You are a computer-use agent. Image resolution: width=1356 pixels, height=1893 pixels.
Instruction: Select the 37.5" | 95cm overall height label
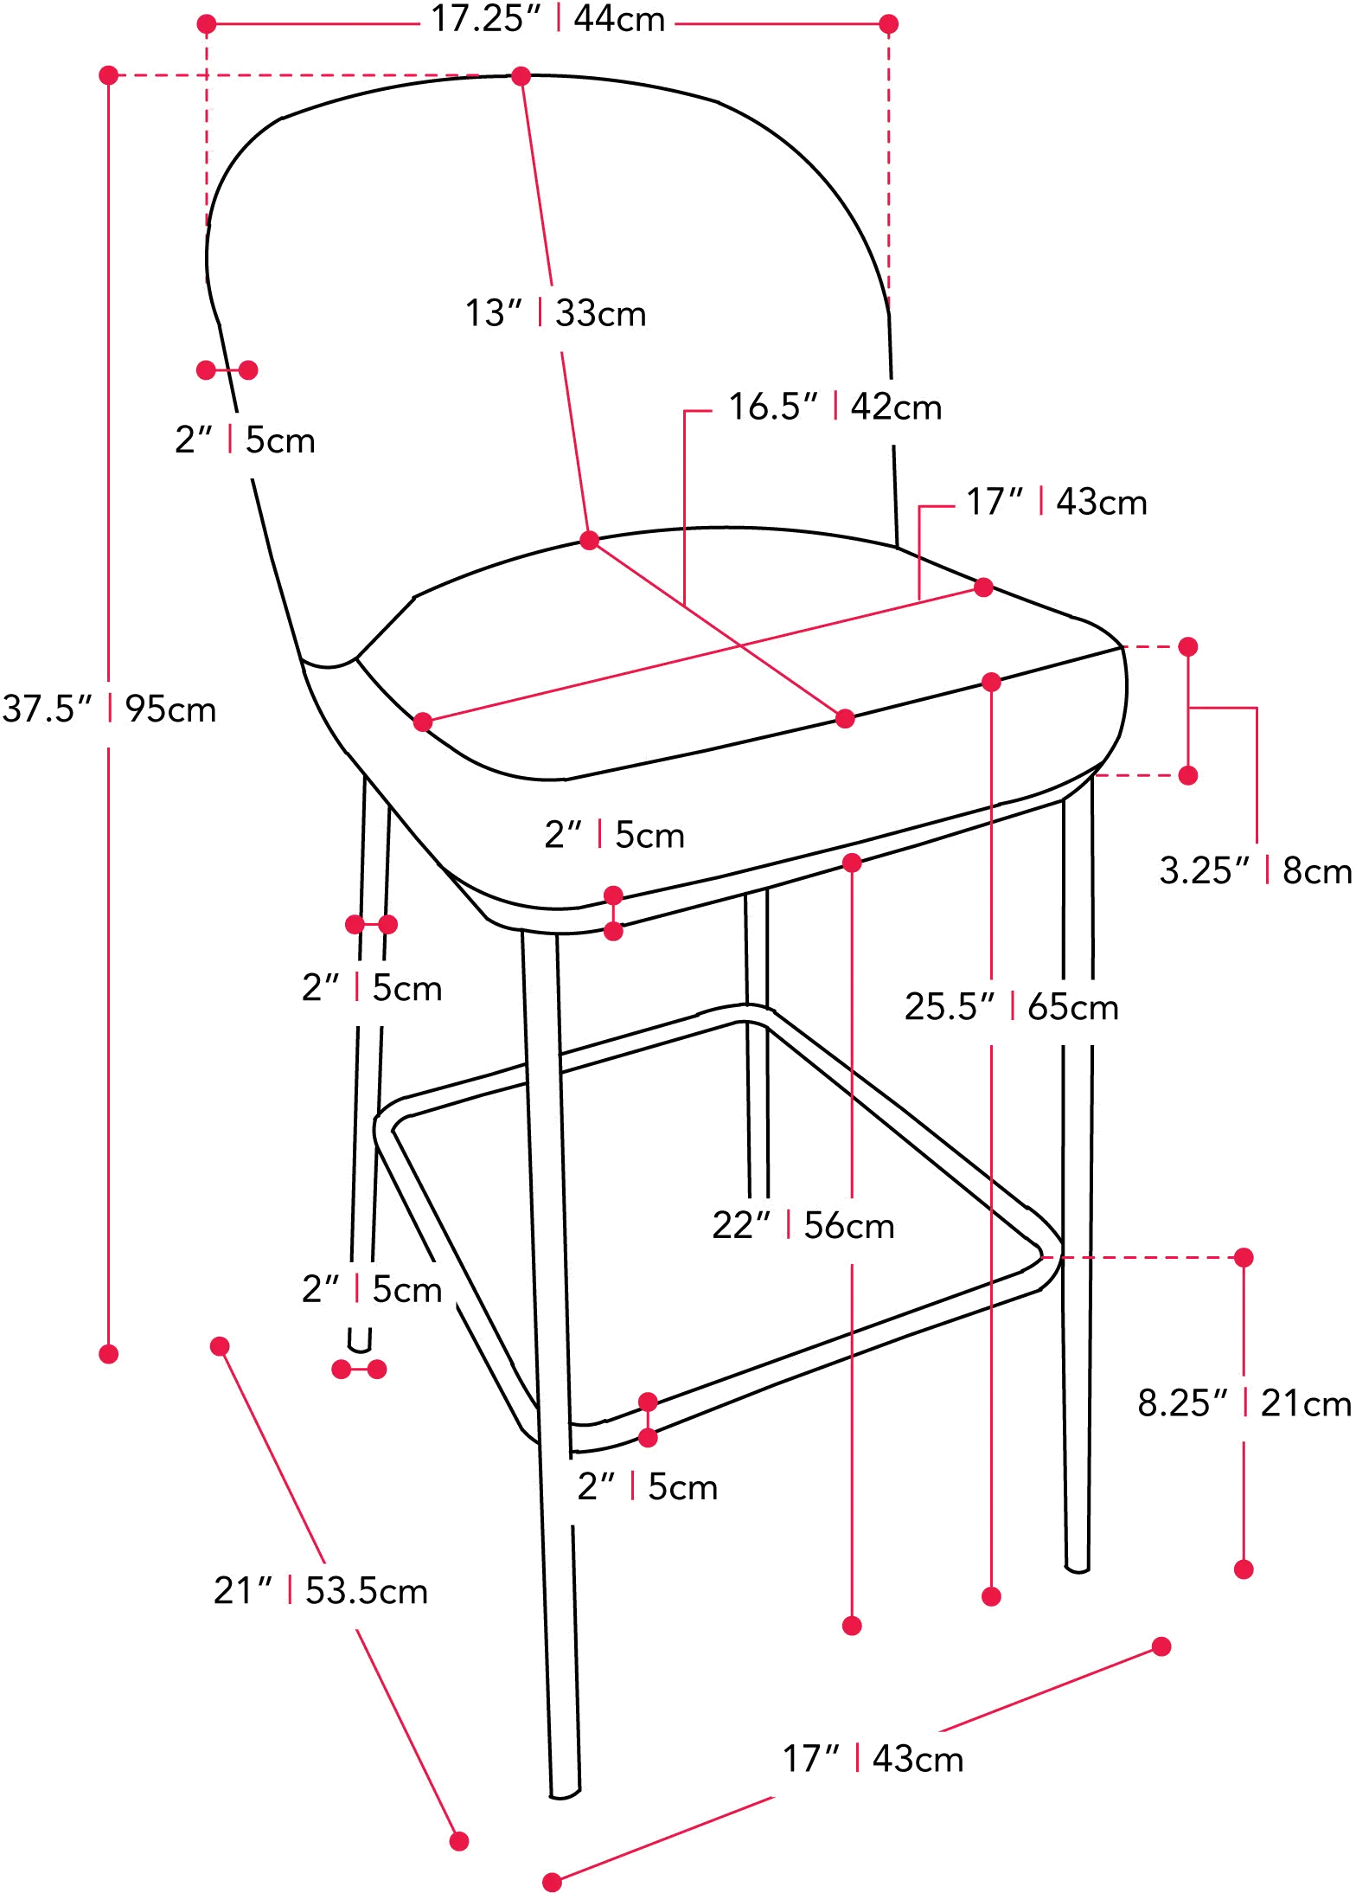click(108, 709)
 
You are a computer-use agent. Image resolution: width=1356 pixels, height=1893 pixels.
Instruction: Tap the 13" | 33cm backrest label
click(556, 313)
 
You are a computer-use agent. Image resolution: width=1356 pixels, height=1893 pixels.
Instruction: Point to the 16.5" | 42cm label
click(833, 406)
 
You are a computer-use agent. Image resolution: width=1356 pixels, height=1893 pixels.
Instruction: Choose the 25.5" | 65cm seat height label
click(1011, 1007)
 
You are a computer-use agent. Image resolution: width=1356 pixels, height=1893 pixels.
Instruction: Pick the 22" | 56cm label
click(804, 1225)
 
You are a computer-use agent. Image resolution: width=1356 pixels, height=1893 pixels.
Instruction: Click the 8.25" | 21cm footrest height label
click(1244, 1402)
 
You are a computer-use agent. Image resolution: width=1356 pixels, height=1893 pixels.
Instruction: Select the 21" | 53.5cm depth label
click(321, 1592)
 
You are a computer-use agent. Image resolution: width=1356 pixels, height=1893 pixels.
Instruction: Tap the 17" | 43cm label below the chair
click(873, 1759)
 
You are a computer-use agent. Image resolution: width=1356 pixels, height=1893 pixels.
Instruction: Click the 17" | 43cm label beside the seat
click(1056, 502)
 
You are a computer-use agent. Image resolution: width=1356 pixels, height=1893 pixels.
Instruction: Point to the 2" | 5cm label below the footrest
click(648, 1486)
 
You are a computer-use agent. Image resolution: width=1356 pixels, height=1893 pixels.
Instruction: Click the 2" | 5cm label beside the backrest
click(245, 441)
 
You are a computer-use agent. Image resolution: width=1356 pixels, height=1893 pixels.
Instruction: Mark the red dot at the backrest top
click(521, 76)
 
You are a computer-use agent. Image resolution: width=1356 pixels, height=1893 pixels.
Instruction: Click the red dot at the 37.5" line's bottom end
click(109, 1354)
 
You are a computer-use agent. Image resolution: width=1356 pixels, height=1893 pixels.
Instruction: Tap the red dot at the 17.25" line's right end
click(888, 24)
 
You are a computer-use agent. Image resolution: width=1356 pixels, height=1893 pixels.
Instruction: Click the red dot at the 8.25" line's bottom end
click(1244, 1569)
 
